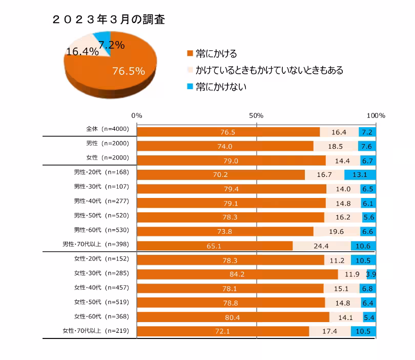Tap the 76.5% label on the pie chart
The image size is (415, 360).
tap(128, 71)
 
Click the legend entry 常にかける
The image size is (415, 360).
tap(212, 54)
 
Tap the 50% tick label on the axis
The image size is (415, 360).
tap(256, 115)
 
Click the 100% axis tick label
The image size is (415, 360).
tap(376, 115)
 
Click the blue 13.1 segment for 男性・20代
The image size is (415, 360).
tap(360, 175)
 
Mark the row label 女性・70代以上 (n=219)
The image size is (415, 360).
tap(99, 331)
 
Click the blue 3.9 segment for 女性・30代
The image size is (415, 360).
tap(371, 274)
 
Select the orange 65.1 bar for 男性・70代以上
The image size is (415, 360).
tap(214, 246)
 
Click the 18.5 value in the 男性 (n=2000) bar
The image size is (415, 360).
tap(336, 146)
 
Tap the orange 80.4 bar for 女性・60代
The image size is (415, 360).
tap(233, 317)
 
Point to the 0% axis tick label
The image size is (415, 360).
tap(137, 115)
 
